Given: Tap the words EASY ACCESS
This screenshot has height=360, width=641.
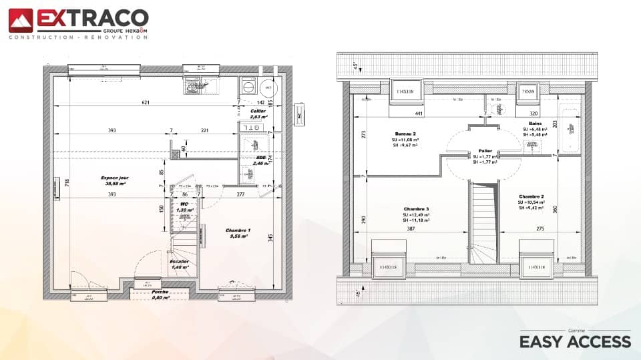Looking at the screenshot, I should click(575, 341).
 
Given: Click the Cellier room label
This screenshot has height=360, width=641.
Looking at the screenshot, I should click(258, 111).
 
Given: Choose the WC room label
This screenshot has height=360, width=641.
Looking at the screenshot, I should click(184, 204).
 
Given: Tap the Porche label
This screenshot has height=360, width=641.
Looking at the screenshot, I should click(160, 292).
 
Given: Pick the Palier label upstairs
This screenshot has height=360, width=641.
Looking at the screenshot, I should click(485, 152).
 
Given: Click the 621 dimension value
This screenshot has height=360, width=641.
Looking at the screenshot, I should click(146, 102).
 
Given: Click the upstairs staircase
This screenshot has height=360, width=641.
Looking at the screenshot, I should click(485, 224).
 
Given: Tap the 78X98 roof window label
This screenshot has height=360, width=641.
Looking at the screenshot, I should click(527, 91).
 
